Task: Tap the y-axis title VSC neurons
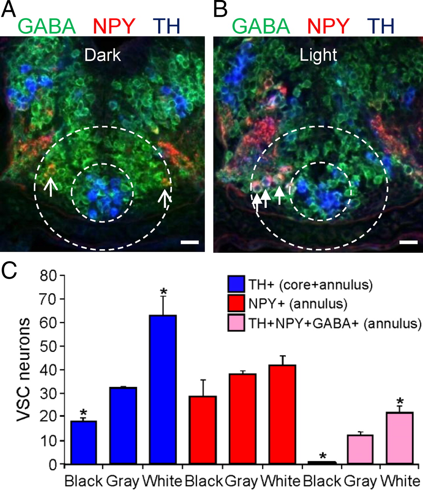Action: pos(24,370)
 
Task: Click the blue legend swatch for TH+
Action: pos(236,284)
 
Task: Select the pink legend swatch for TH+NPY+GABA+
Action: pos(236,324)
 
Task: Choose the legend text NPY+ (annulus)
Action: pos(298,304)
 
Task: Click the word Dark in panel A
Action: pos(102,56)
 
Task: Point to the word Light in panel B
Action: pos(318,56)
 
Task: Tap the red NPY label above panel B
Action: pos(328,26)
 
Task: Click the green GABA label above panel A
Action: pos(47,26)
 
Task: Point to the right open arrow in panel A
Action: pos(165,197)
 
